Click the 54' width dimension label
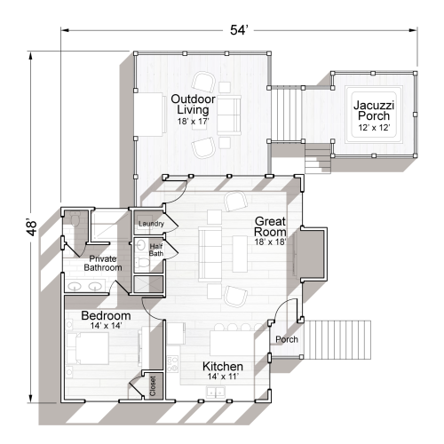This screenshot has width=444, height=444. pos(239,30)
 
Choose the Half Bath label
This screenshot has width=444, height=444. pos(156,250)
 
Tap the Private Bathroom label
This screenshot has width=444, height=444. pos(102,263)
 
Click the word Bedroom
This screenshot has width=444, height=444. pos(106,315)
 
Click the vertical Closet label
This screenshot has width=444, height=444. pos(153,385)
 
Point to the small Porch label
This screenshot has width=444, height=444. pos(286,338)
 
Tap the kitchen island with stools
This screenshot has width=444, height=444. pos(232,341)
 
